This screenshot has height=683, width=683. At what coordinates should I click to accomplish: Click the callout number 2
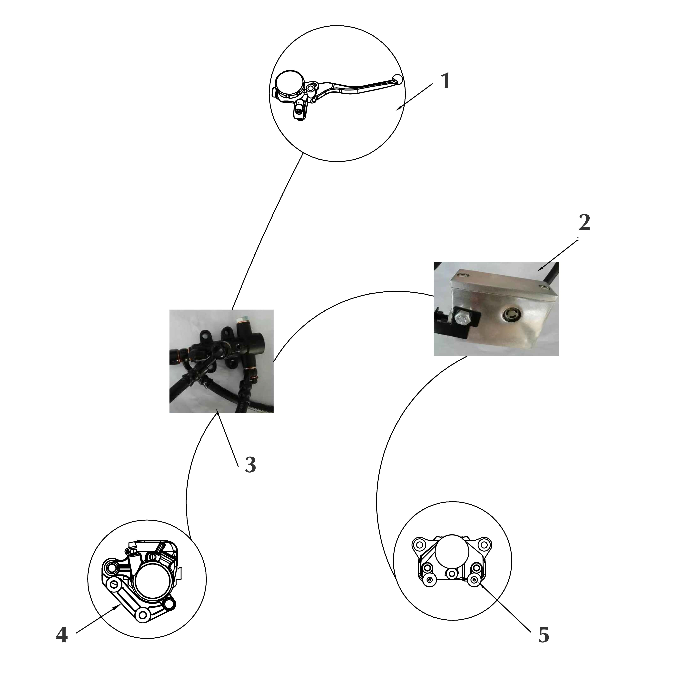click(x=584, y=223)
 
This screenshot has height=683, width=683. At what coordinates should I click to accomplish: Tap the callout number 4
click(x=62, y=636)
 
